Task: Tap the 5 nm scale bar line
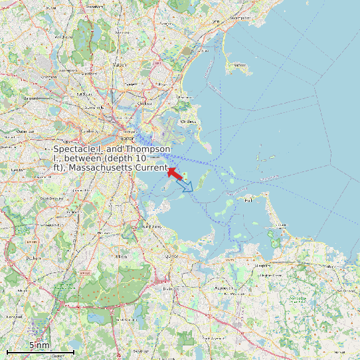pyautogui.click(x=40, y=351)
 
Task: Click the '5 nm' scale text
pyautogui.click(x=40, y=345)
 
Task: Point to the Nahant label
pyautogui.click(x=240, y=65)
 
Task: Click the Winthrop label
pyautogui.click(x=189, y=121)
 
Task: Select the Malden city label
pyautogui.click(x=120, y=65)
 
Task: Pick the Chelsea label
pyautogui.click(x=143, y=104)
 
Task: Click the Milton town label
pyautogui.click(x=121, y=256)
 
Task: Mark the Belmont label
pyautogui.click(x=31, y=98)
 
